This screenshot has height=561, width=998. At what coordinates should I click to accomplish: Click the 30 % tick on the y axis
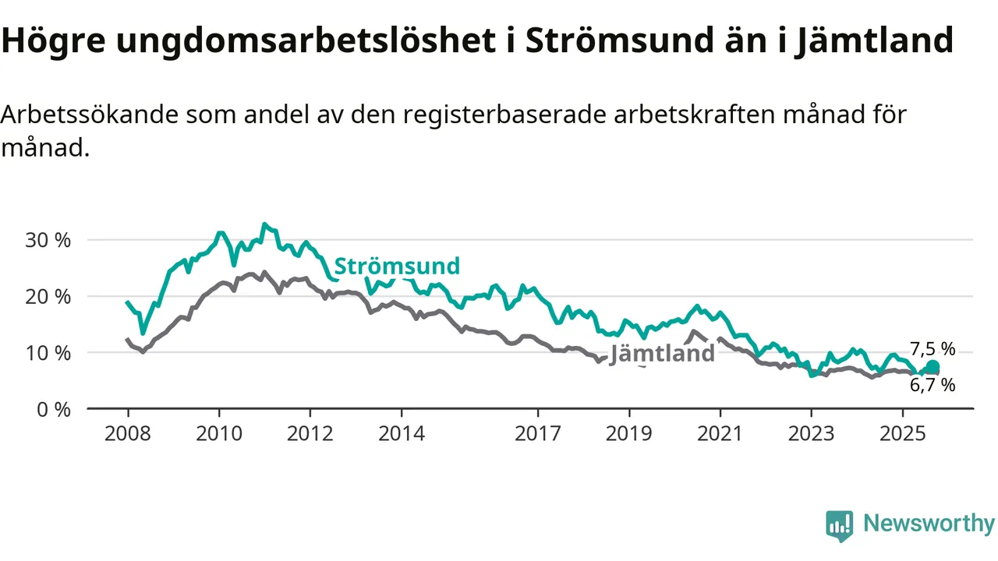click(x=48, y=240)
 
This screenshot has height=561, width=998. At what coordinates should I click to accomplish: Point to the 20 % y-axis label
click(x=48, y=296)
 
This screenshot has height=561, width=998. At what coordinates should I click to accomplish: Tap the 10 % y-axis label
click(x=48, y=353)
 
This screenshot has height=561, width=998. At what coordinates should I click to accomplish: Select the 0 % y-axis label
click(x=54, y=409)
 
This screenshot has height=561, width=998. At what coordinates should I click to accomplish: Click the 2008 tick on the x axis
click(x=128, y=433)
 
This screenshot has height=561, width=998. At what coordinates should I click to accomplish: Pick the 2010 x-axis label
click(x=219, y=433)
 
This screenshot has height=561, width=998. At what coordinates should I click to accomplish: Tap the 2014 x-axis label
click(x=402, y=433)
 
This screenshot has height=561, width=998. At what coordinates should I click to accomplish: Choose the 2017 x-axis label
click(x=538, y=433)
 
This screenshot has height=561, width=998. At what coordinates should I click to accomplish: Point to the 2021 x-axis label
click(x=720, y=433)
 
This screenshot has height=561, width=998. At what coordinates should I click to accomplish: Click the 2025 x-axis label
click(x=902, y=433)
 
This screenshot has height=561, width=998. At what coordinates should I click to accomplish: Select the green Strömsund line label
click(x=397, y=266)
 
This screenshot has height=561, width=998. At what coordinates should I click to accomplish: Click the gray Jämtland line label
click(x=663, y=353)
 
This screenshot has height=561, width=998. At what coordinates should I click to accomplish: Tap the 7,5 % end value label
click(x=933, y=349)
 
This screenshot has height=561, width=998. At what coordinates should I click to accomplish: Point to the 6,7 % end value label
click(x=933, y=385)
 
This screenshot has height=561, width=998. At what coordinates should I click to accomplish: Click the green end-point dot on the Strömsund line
click(x=933, y=367)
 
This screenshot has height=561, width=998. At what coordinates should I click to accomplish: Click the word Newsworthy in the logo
click(x=929, y=523)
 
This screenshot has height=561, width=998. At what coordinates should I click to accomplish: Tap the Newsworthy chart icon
click(x=840, y=526)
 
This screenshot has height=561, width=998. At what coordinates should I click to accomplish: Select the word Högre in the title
click(x=52, y=41)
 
